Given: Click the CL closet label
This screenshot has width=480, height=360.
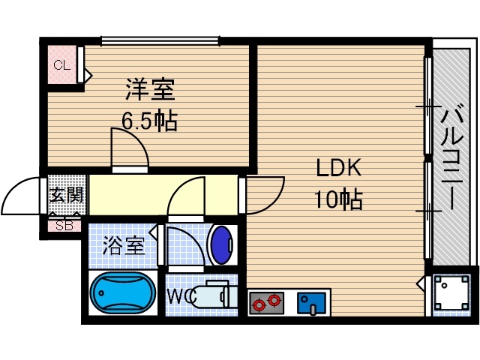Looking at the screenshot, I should (61, 65).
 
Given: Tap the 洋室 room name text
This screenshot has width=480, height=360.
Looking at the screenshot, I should (150, 91).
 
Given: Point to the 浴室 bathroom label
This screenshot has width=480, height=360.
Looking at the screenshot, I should (124, 246).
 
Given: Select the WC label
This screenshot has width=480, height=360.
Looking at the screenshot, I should (180, 296).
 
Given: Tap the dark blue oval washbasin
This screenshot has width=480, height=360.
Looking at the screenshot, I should (222, 244).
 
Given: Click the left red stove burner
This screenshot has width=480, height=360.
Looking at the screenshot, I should (259, 304).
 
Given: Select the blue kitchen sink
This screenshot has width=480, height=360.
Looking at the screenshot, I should (308, 302).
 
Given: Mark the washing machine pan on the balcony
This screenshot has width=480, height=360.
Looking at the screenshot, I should (451, 293).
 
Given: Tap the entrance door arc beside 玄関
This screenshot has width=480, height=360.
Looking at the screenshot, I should (24, 196).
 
